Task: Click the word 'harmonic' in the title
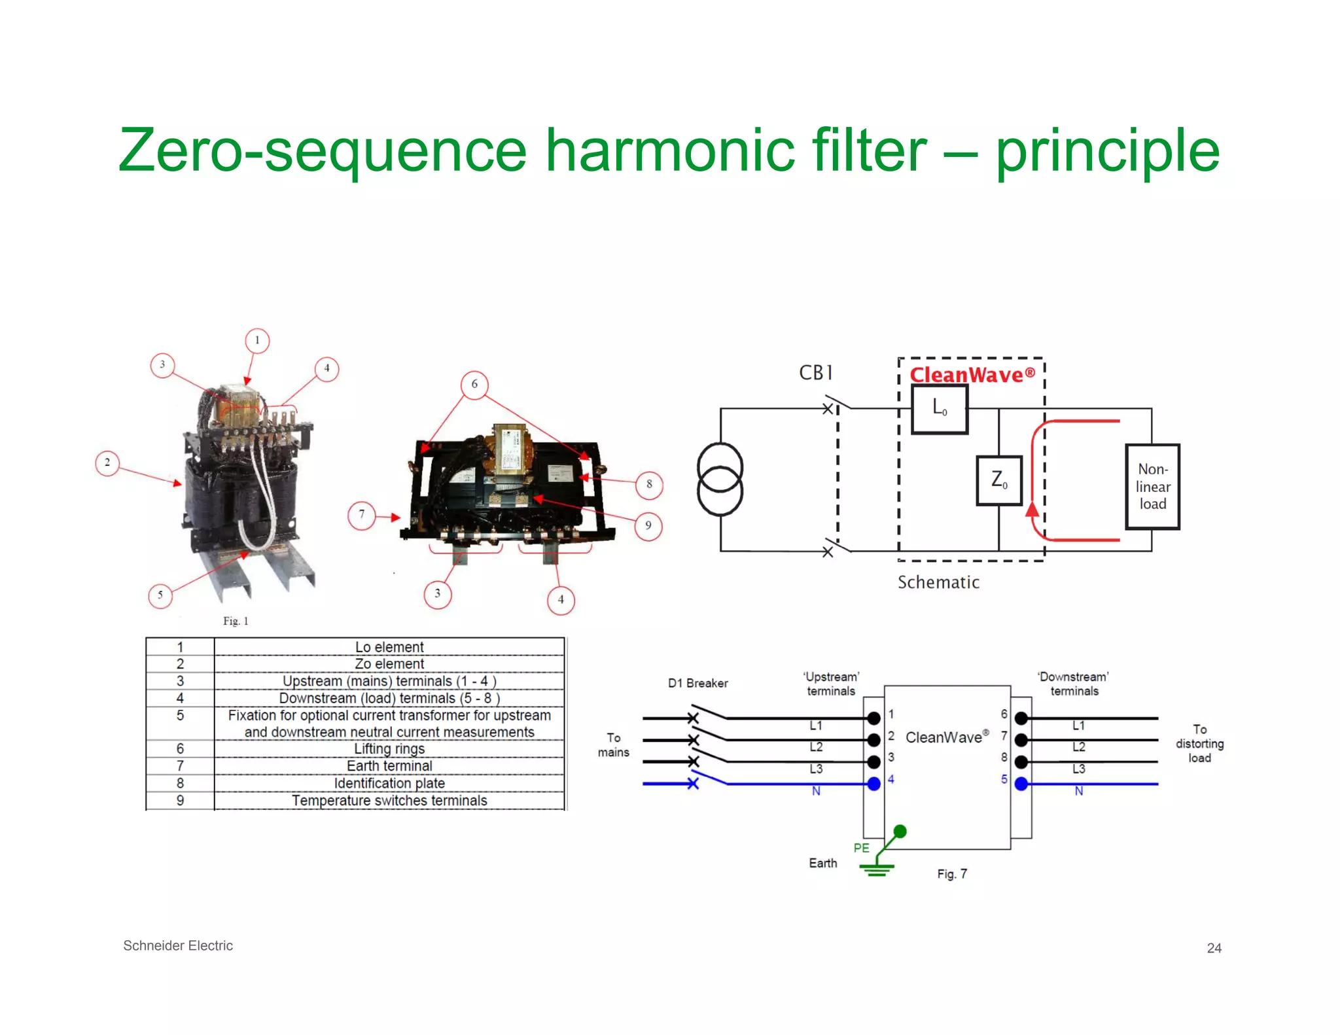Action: coord(670,150)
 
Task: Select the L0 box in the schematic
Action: coord(940,409)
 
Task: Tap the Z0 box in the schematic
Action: coord(998,480)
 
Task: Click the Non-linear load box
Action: coord(1152,486)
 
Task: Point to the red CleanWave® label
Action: coord(972,375)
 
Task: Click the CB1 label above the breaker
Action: coord(816,373)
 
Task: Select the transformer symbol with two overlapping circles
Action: coord(720,480)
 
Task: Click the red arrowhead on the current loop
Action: coord(1032,510)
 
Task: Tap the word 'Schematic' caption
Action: coord(938,582)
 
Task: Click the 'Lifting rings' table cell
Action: coord(389,748)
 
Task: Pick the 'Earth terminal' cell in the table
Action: coord(389,765)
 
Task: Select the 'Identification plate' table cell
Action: coord(389,783)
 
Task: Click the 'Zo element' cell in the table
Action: coord(389,663)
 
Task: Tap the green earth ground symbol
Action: coord(877,869)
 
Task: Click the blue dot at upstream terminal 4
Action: coord(873,784)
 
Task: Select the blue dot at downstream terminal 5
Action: coord(1021,784)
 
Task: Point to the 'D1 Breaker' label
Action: coord(697,683)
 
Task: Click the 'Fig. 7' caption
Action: coord(952,874)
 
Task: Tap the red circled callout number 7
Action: coord(361,515)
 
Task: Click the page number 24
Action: coord(1214,948)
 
